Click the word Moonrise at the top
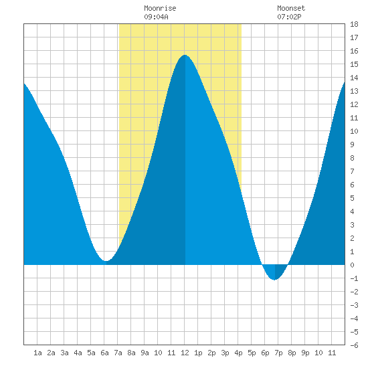[160, 8]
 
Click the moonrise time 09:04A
[156, 17]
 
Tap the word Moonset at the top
[291, 8]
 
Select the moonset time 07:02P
[289, 17]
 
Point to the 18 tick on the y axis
[354, 24]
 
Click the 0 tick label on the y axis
[352, 265]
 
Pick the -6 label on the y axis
[354, 345]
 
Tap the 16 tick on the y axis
[354, 51]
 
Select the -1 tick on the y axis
[354, 278]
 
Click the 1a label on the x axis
[37, 353]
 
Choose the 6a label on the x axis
[104, 353]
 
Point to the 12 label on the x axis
[185, 353]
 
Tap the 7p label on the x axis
[278, 353]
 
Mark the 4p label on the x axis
[238, 353]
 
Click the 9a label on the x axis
[145, 353]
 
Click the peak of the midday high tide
[185, 55]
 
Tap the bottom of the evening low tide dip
[274, 280]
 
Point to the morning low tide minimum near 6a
[106, 260]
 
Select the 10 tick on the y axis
[354, 131]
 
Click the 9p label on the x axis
[305, 353]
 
